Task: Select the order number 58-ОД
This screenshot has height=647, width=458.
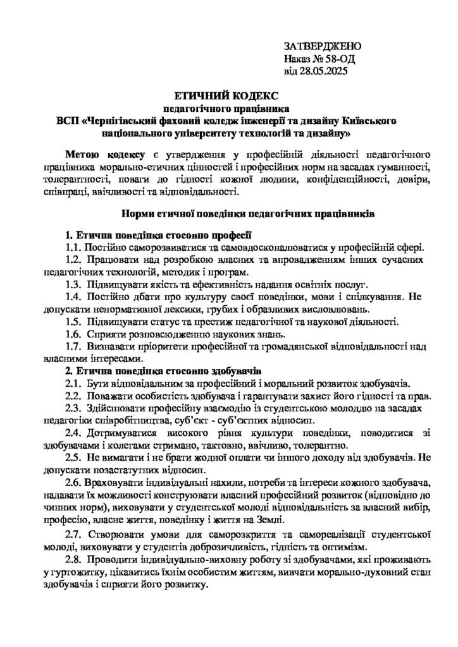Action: [x=340, y=59]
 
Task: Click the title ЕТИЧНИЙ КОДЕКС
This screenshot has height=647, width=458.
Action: [x=228, y=95]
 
